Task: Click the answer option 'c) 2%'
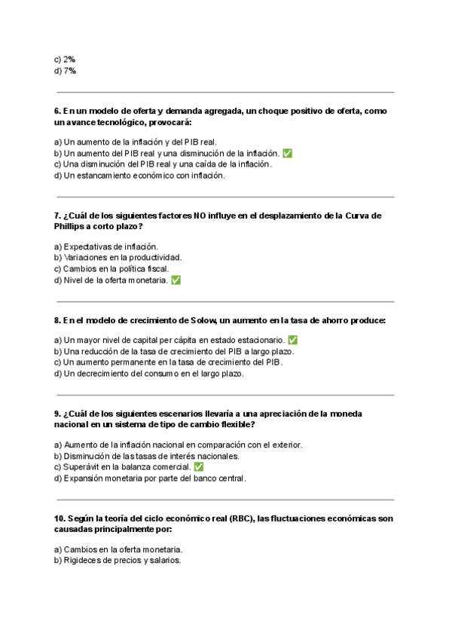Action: pyautogui.click(x=65, y=59)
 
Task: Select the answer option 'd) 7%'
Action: pyautogui.click(x=65, y=71)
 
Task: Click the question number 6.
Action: pyautogui.click(x=57, y=111)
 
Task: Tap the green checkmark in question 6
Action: pyautogui.click(x=288, y=153)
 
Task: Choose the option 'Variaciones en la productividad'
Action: pyautogui.click(x=118, y=257)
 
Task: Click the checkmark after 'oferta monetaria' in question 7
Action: pyautogui.click(x=176, y=280)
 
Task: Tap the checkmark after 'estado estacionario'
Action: pyautogui.click(x=293, y=340)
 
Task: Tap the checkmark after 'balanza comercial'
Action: pyautogui.click(x=199, y=466)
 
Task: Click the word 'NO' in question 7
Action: pyautogui.click(x=200, y=216)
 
